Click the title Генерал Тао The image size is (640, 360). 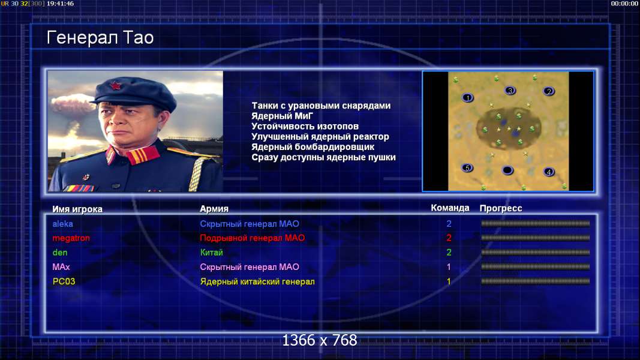point(100,38)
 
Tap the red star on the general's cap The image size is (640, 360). point(116,86)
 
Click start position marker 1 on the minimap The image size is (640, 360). point(468,98)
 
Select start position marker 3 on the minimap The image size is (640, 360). point(510,91)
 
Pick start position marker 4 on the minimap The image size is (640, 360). point(549,172)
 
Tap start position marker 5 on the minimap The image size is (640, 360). point(467,168)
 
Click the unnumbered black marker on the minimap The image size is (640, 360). point(507,170)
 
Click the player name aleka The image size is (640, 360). point(62,224)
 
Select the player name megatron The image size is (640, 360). point(71,238)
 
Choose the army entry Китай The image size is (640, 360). point(211,252)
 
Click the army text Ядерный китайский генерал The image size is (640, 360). point(257,281)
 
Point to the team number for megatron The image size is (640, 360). point(449,238)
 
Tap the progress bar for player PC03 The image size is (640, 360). point(535,281)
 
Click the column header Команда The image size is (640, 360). point(450,208)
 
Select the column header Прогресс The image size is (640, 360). point(501,208)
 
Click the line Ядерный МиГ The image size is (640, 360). point(282,116)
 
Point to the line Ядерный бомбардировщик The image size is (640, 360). point(313,146)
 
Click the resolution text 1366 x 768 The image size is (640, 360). point(320,340)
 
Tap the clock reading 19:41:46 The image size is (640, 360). point(61,4)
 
